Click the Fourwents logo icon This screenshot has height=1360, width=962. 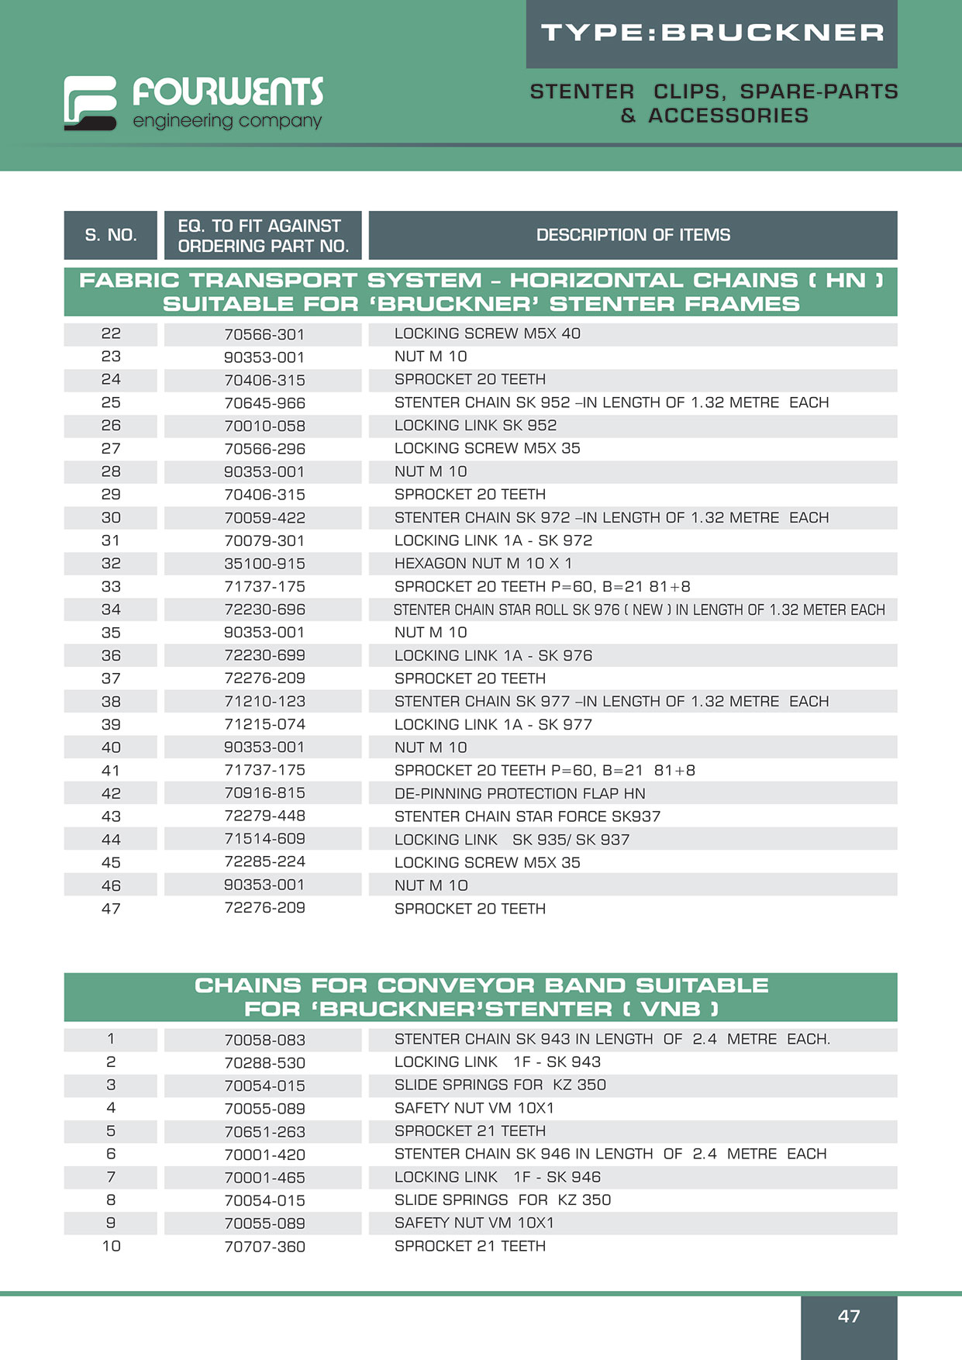pyautogui.click(x=90, y=102)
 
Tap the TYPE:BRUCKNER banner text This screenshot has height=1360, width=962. pyautogui.click(x=712, y=33)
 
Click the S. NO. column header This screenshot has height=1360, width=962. pyautogui.click(x=111, y=235)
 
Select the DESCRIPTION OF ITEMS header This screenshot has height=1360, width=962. pyautogui.click(x=633, y=235)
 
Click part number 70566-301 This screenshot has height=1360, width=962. pyautogui.click(x=264, y=334)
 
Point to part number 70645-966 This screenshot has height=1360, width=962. pyautogui.click(x=264, y=403)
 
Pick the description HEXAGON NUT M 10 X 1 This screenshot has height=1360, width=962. pyautogui.click(x=483, y=564)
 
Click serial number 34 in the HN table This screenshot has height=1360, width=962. pyautogui.click(x=111, y=609)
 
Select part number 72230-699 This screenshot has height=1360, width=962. pyautogui.click(x=264, y=655)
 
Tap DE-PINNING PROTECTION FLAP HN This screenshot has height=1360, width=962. pyautogui.click(x=519, y=793)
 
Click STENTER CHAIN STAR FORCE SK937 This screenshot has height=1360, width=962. pyautogui.click(x=527, y=816)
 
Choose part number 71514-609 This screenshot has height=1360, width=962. pyautogui.click(x=264, y=839)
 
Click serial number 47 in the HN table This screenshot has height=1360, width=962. pyautogui.click(x=111, y=909)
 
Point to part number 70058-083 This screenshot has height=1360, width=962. pyautogui.click(x=264, y=1040)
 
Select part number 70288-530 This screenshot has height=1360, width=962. pyautogui.click(x=264, y=1063)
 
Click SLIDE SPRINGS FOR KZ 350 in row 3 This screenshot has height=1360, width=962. pyautogui.click(x=500, y=1085)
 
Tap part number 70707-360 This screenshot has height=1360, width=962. pyautogui.click(x=264, y=1247)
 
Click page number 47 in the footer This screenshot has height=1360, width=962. pyautogui.click(x=849, y=1316)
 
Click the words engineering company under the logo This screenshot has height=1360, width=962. pyautogui.click(x=227, y=121)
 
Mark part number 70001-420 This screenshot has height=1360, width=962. pyautogui.click(x=264, y=1155)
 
